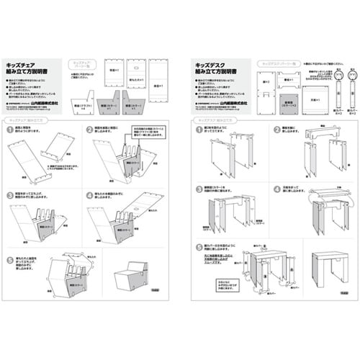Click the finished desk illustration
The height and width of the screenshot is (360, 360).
pos(330,272)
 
